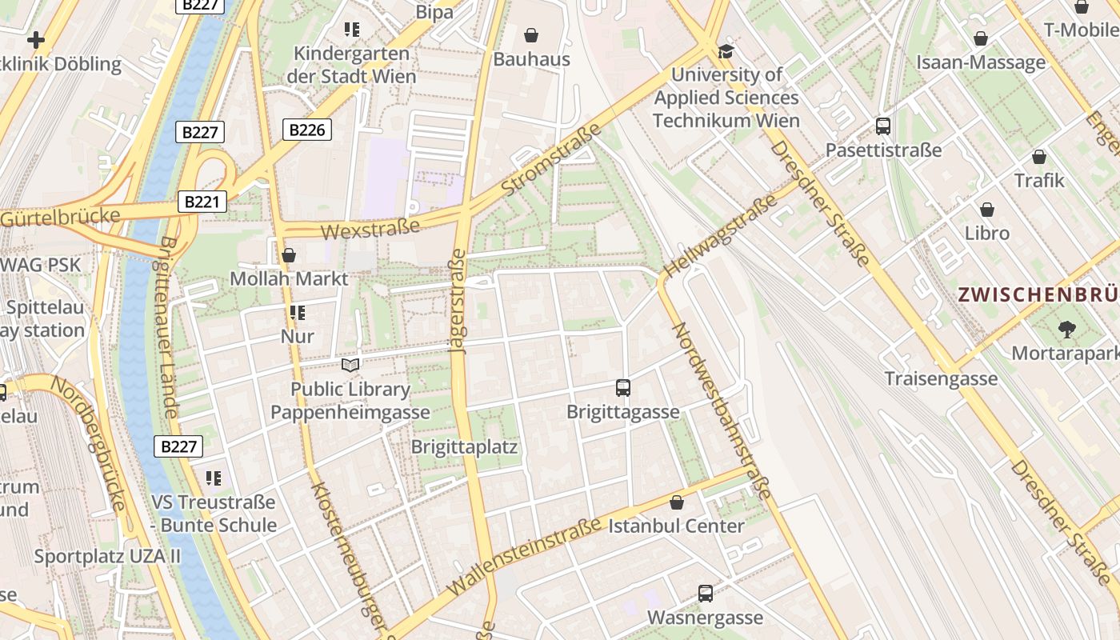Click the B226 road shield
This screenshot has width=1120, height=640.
coord(307,130)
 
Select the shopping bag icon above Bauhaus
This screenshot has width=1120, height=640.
coord(530,34)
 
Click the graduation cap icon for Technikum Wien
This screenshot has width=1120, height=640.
coord(726,51)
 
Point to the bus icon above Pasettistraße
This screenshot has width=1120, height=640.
coord(883,126)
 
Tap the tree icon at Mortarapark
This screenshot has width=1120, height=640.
coord(1066,328)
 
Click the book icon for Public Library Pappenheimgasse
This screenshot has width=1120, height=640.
coord(350,365)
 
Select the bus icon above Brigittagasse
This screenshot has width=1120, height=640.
coord(623,388)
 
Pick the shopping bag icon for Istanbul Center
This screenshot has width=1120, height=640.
coord(677,502)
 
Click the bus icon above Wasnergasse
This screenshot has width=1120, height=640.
coord(705,594)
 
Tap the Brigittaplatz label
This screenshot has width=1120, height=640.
coord(464,447)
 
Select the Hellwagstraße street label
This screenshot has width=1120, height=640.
coord(720,235)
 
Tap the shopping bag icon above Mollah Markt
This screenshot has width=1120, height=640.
coord(289,255)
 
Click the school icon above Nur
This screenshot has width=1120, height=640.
coord(298,313)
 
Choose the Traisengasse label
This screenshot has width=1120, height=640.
coord(941,378)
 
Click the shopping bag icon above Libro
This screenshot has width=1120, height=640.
coord(987,210)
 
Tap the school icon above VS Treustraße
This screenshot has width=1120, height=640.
coord(213,478)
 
